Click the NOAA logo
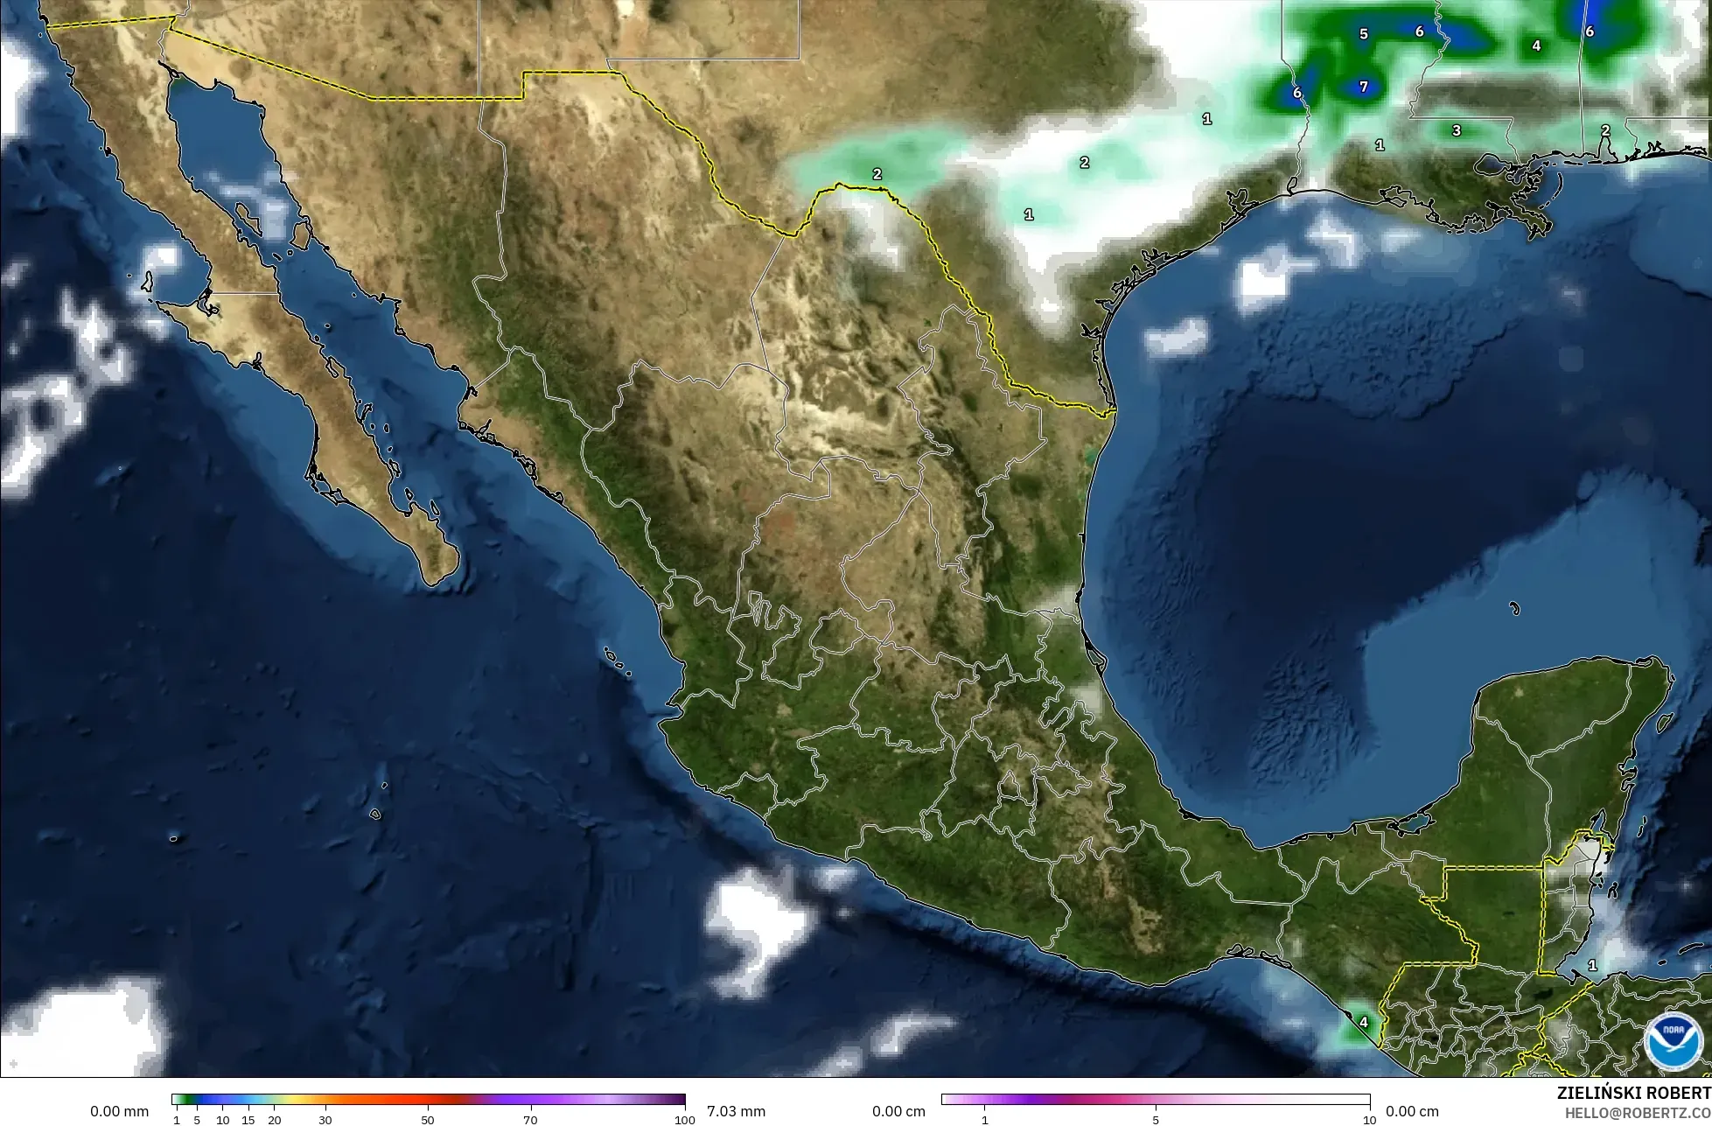(x=1674, y=1041)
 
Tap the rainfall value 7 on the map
(x=1363, y=87)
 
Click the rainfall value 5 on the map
(x=1363, y=34)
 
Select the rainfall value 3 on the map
(x=1456, y=130)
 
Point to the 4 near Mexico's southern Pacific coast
(x=1363, y=1021)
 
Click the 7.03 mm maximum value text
(x=735, y=1111)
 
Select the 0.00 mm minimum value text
(x=119, y=1111)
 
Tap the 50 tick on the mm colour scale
(x=428, y=1119)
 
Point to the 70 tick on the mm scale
(x=530, y=1119)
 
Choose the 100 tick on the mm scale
(x=684, y=1119)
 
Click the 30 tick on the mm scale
(x=325, y=1119)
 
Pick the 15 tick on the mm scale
(x=248, y=1119)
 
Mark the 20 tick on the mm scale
(x=274, y=1119)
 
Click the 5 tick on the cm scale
(x=1156, y=1119)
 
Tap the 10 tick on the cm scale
(x=1369, y=1119)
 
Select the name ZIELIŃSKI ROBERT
(x=1633, y=1093)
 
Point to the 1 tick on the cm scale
(x=984, y=1119)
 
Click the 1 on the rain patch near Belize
(x=1592, y=965)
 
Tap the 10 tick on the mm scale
(x=222, y=1119)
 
